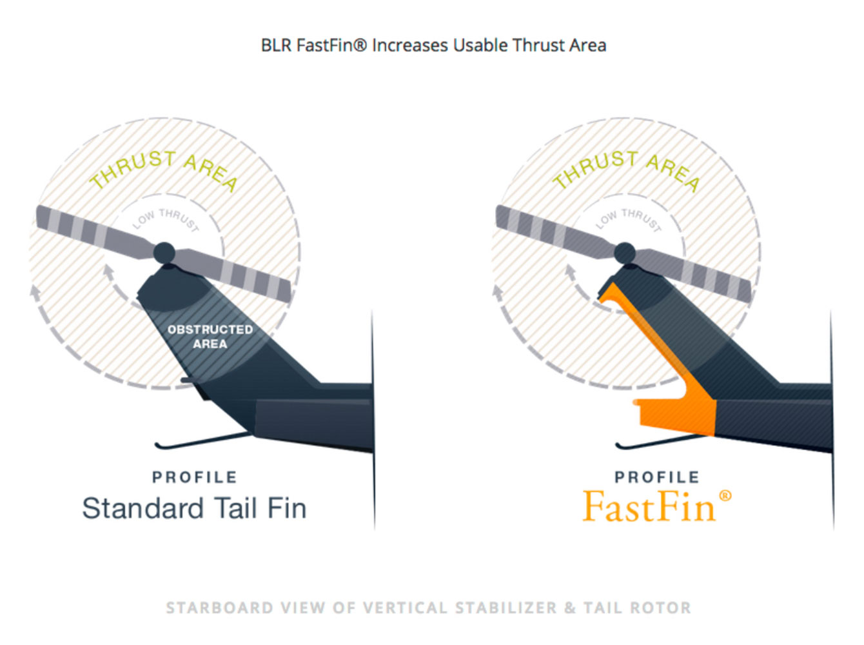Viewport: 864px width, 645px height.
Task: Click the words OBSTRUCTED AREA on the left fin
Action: pos(210,337)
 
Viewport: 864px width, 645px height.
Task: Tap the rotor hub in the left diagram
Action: pos(164,252)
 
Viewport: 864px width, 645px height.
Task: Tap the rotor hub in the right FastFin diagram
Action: pos(625,252)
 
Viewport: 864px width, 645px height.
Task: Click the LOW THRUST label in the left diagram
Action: pos(166,220)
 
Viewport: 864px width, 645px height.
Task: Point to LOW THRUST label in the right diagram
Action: pos(629,220)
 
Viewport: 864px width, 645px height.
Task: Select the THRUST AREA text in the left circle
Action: pos(164,170)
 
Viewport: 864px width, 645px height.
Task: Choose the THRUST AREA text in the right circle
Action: pos(626,170)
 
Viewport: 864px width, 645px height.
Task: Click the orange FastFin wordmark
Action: pos(649,506)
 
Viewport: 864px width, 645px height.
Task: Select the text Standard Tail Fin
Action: pos(194,508)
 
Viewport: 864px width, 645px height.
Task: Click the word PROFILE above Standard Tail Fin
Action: pos(195,477)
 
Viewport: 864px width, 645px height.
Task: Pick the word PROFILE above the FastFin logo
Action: pos(657,477)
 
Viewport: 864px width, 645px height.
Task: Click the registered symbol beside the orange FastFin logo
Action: pos(725,496)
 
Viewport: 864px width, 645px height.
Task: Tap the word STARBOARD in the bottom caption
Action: pos(220,608)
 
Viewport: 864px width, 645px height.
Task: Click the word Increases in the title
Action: pos(410,45)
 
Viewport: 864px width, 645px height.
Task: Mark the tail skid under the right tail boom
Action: pos(664,441)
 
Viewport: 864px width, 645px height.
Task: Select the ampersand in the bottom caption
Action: pos(569,608)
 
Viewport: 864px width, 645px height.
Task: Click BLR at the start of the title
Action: pos(276,45)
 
